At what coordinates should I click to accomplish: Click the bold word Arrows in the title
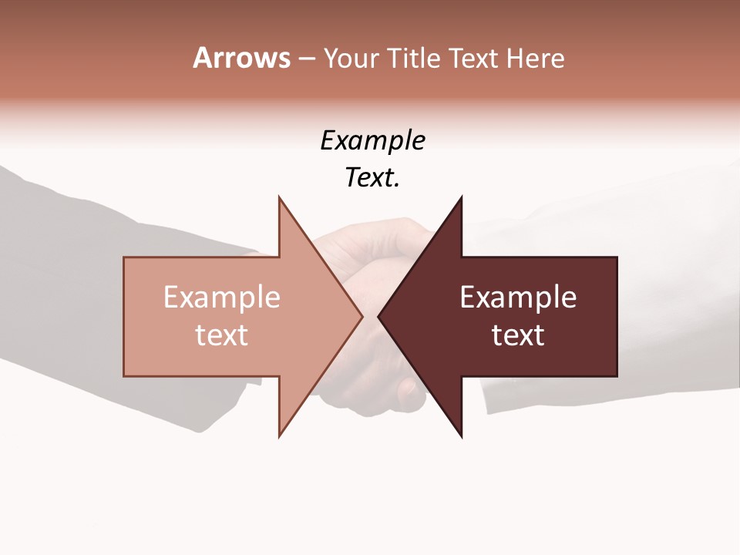[241, 58]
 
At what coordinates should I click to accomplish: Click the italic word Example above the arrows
[372, 141]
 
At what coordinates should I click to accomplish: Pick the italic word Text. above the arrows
[372, 178]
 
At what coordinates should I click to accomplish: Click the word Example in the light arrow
[222, 298]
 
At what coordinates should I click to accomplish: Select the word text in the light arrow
[222, 335]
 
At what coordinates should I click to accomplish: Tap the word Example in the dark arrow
[518, 298]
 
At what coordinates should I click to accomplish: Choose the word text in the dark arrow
[518, 335]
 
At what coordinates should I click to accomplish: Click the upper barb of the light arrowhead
[281, 202]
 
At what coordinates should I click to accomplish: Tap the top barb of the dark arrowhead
[460, 202]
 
